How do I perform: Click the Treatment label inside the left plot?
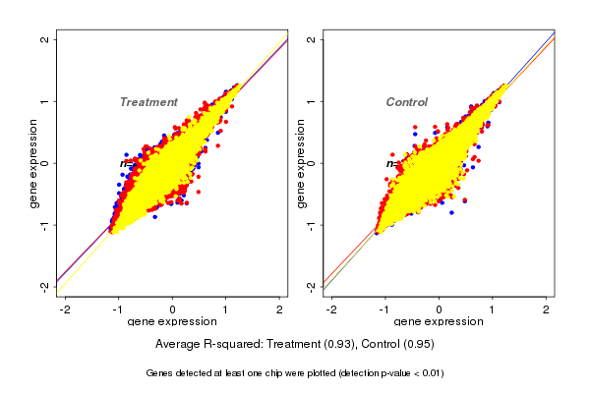tap(148, 102)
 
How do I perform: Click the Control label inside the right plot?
tap(406, 102)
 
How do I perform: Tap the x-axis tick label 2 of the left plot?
tap(279, 309)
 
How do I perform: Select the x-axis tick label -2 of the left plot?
tap(65, 309)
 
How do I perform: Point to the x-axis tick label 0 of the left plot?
tap(173, 309)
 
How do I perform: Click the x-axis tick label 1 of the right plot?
tap(492, 309)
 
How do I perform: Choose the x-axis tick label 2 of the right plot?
tap(546, 309)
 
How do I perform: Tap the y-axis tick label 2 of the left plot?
tap(46, 39)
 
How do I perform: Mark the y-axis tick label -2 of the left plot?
tap(46, 286)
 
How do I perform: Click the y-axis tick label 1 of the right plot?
tap(312, 101)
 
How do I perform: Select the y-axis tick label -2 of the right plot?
tap(312, 286)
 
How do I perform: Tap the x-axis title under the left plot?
tap(173, 322)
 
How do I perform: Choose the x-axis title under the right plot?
tap(439, 322)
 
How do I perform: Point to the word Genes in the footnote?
tap(160, 373)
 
